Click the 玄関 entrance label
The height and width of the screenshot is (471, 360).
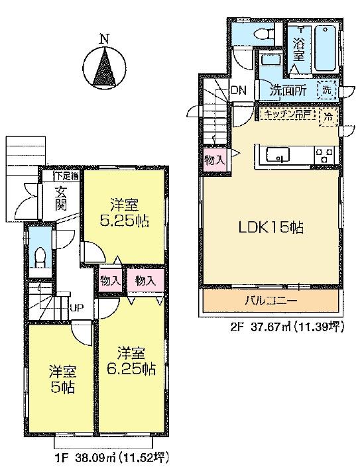[x=62, y=198]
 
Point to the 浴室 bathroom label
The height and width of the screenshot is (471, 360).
[x=299, y=51]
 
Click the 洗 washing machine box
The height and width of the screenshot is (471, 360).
[x=327, y=89]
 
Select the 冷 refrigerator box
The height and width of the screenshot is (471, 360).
[x=328, y=117]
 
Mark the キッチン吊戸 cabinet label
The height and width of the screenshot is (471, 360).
[x=286, y=115]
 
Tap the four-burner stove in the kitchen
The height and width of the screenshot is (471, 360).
[x=326, y=155]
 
